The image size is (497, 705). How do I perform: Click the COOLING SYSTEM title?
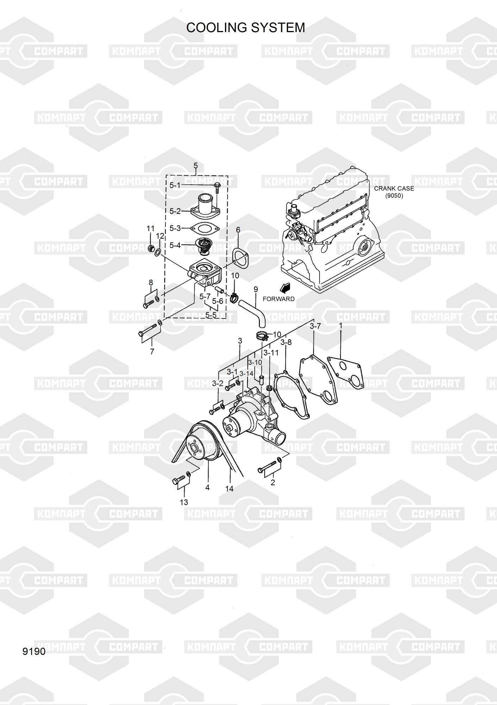pyautogui.click(x=246, y=27)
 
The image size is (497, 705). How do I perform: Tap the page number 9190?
pyautogui.click(x=34, y=651)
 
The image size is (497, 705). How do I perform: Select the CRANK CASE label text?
pyautogui.click(x=394, y=189)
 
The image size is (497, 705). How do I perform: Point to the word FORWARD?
pyautogui.click(x=279, y=299)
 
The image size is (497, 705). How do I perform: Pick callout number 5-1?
pyautogui.click(x=175, y=185)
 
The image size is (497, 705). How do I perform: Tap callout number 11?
pyautogui.click(x=150, y=228)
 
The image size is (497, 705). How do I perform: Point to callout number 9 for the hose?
pyautogui.click(x=256, y=289)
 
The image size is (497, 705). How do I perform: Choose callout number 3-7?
pyautogui.click(x=315, y=326)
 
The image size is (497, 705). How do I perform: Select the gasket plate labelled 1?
pyautogui.click(x=345, y=374)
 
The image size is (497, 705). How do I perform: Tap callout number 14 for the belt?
pyautogui.click(x=229, y=489)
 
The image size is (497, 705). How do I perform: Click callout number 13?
pyautogui.click(x=184, y=502)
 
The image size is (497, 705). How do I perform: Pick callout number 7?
pyautogui.click(x=152, y=351)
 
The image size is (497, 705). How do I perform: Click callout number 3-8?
pyautogui.click(x=286, y=342)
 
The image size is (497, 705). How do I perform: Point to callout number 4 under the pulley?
pyautogui.click(x=207, y=488)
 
